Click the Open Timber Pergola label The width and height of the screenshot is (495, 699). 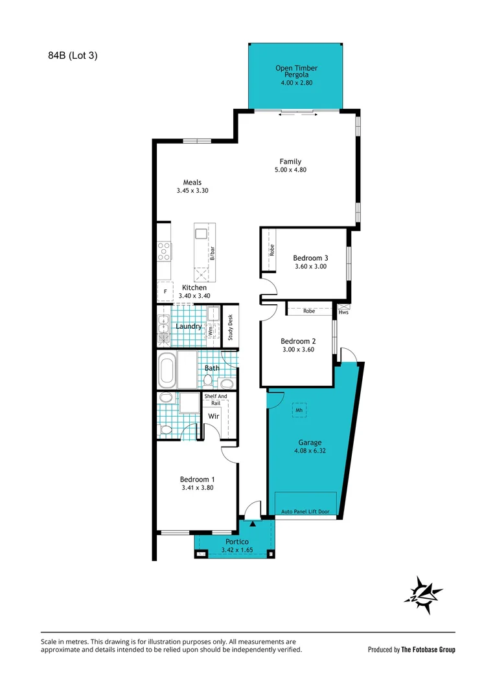click(296, 71)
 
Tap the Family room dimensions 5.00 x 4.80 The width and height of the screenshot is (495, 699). click(290, 170)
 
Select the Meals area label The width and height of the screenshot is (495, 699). click(192, 183)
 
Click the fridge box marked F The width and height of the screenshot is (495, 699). click(165, 291)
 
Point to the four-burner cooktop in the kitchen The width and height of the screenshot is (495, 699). click(165, 251)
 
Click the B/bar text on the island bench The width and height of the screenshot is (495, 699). click(213, 253)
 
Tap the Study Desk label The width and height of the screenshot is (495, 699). click(230, 327)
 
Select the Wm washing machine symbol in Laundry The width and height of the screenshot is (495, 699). click(210, 331)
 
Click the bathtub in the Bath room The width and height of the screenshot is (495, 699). click(167, 370)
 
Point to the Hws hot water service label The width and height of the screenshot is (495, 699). click(343, 313)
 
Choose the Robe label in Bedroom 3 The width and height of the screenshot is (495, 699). click(272, 250)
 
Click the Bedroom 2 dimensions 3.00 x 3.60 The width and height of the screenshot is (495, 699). click(298, 349)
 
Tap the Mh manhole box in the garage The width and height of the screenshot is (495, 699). click(299, 410)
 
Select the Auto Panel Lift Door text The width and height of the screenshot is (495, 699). click(305, 512)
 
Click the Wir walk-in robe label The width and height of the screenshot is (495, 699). click(214, 416)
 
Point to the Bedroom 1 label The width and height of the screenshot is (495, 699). click(197, 480)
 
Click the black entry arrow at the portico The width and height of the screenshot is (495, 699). click(253, 524)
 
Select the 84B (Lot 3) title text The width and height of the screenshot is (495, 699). click(73, 56)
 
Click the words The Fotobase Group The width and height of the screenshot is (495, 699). click(428, 650)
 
